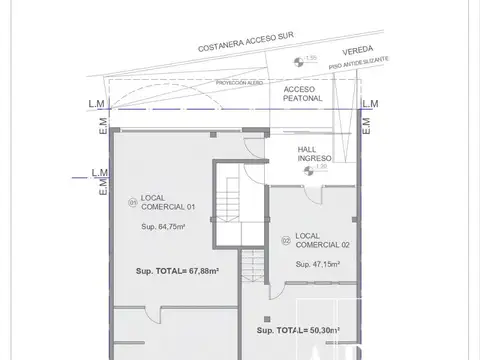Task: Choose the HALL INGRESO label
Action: point(315,154)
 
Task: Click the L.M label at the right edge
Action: point(370,104)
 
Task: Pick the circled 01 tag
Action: point(131,203)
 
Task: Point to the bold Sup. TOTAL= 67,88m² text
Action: point(176,271)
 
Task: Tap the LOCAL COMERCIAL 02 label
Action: point(316,240)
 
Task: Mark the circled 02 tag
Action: point(285,240)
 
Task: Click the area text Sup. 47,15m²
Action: point(317,264)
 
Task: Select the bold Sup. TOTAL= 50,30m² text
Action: point(298,330)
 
